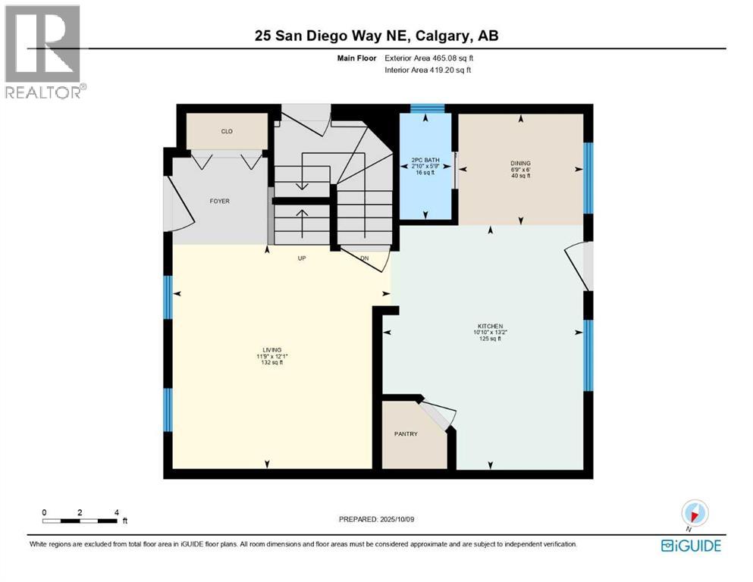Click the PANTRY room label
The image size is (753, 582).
(406, 434)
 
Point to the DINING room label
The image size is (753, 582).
(520, 163)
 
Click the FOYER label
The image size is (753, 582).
(220, 201)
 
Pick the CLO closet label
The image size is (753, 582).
(226, 132)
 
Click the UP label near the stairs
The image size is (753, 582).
(300, 258)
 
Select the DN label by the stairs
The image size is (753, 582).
(364, 258)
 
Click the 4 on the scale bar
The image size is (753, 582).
(116, 512)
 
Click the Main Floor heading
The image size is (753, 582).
(356, 58)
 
